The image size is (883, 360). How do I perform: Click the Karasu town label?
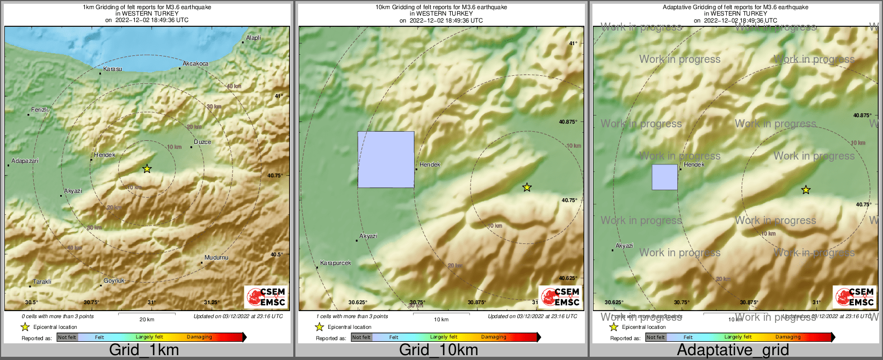click(x=112, y=69)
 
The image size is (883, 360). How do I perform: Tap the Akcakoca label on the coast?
click(x=195, y=63)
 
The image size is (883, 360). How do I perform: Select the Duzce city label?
click(x=202, y=142)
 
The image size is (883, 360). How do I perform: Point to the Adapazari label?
click(x=25, y=161)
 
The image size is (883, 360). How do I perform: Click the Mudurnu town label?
click(x=216, y=257)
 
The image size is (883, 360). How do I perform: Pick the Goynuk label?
click(x=114, y=280)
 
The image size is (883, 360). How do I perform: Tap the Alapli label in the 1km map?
click(x=254, y=38)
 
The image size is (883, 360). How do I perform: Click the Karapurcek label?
click(x=335, y=263)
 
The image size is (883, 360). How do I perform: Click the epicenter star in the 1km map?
click(x=147, y=169)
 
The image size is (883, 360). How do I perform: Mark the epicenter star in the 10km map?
click(x=527, y=187)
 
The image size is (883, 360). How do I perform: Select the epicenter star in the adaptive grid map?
click(x=806, y=190)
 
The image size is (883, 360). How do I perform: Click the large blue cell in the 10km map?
click(x=386, y=160)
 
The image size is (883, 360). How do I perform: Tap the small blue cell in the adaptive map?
click(x=664, y=177)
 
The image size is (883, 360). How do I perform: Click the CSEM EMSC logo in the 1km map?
click(x=266, y=297)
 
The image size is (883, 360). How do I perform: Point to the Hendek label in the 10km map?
click(x=430, y=164)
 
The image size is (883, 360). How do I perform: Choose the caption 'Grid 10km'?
click(x=438, y=350)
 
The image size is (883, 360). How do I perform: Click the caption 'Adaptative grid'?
click(x=733, y=350)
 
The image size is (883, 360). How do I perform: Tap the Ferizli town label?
click(x=39, y=110)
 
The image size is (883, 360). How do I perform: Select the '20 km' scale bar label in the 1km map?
click(x=147, y=319)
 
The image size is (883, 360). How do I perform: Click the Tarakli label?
click(x=42, y=282)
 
